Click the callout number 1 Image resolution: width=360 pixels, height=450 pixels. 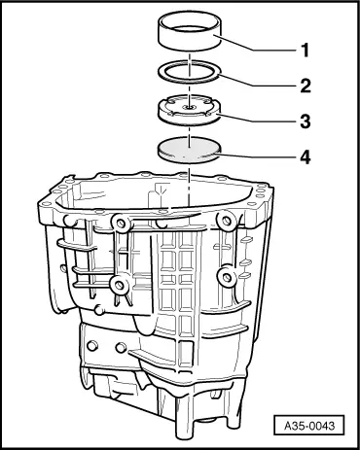[x=305, y=51]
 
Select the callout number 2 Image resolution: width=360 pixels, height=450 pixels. [x=306, y=86]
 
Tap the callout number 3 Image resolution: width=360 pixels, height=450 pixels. [x=306, y=121]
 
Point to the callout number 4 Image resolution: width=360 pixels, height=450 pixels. [x=306, y=157]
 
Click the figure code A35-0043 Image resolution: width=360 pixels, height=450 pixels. [x=308, y=425]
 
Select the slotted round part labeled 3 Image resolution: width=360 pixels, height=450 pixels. [x=189, y=110]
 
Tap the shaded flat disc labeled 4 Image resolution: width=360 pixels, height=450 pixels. [x=189, y=150]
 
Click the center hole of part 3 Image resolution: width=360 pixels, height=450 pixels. [x=189, y=107]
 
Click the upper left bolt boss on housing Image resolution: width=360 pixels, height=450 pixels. [x=121, y=223]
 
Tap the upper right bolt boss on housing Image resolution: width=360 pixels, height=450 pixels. [x=227, y=220]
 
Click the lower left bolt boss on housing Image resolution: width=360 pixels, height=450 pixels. [x=119, y=285]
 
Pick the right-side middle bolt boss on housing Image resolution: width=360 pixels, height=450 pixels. [x=227, y=277]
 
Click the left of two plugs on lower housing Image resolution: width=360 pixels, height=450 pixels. [x=92, y=345]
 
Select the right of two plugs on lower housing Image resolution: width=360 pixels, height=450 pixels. [x=121, y=347]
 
